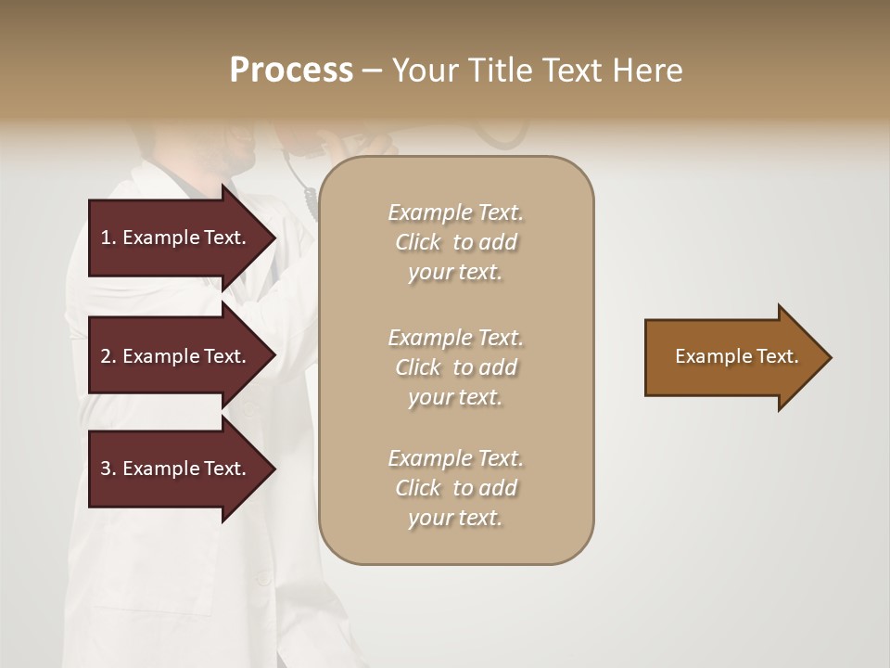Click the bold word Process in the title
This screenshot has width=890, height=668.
291,71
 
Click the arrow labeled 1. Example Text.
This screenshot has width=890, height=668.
176,238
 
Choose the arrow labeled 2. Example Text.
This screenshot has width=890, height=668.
176,356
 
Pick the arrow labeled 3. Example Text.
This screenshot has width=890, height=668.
176,469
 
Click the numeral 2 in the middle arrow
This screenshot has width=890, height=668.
106,356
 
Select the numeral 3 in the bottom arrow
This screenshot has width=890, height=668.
106,469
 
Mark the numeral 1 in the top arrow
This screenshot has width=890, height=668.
105,238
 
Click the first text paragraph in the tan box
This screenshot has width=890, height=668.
455,242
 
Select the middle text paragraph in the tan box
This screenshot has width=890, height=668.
455,367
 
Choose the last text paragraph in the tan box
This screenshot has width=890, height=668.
455,488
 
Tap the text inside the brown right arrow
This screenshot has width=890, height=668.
736,356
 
